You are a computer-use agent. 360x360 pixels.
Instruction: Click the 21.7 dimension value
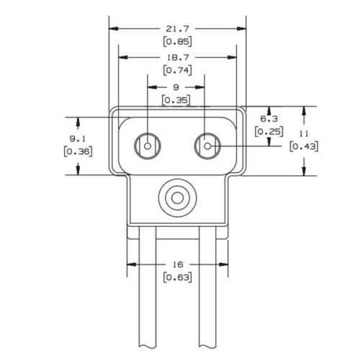pos(177,29)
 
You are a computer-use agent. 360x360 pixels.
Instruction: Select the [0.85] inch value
pos(177,41)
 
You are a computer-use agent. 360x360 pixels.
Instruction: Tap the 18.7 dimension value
pos(178,58)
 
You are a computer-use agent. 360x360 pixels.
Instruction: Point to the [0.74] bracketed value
pos(177,70)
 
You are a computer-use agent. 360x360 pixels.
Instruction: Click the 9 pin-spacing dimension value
pos(176,87)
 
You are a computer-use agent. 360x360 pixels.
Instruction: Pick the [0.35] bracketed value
pos(176,100)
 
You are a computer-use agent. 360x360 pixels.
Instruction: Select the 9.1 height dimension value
pos(78,138)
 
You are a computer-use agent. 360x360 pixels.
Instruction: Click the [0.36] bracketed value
pos(78,151)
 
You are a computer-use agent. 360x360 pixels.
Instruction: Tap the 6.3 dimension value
pos(269,119)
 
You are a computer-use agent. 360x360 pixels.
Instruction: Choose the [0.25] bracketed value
pos(269,131)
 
